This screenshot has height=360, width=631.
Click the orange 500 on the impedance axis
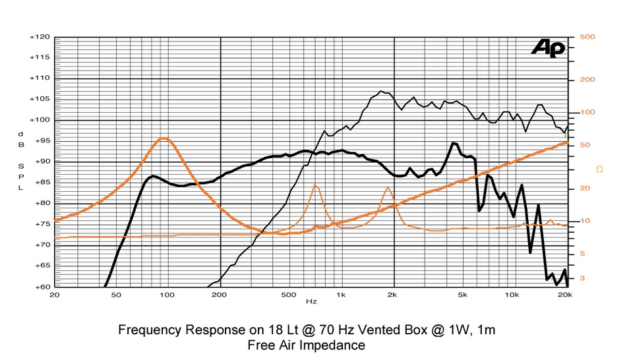587,37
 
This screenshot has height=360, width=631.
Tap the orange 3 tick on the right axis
582,279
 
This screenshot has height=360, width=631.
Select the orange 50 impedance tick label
585,145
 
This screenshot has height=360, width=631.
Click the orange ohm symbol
599,169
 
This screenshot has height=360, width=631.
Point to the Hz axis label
311,301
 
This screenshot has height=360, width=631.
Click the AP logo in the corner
548,47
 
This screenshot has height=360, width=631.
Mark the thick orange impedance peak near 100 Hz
164,138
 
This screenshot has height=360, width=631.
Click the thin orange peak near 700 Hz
315,185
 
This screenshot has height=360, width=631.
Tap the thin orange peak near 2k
387,187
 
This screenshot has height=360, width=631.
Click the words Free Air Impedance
306,345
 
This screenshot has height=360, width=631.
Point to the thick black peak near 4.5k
454,143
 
